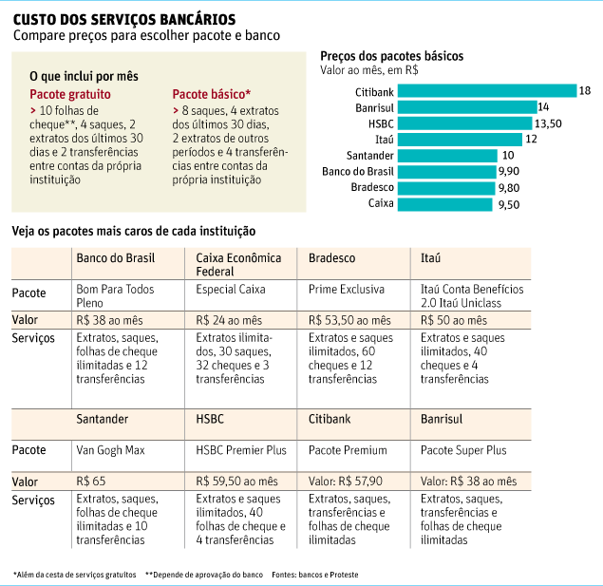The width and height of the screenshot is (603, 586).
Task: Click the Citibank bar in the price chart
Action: (x=487, y=91)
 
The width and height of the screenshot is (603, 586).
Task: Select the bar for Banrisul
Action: (x=467, y=107)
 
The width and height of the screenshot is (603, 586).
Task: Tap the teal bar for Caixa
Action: (x=445, y=204)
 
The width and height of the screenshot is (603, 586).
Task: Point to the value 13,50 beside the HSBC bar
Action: (x=548, y=123)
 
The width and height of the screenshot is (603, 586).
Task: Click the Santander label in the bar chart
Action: (x=370, y=156)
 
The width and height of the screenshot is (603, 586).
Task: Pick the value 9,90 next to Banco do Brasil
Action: (x=509, y=171)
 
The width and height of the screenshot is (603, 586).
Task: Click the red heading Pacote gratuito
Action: (x=70, y=94)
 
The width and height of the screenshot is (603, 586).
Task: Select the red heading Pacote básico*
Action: (x=212, y=94)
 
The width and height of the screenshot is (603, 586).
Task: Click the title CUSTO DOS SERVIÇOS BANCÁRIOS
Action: (x=124, y=19)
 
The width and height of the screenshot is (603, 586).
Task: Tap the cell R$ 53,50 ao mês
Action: (x=349, y=320)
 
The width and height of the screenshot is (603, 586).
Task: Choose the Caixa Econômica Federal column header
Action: (x=238, y=265)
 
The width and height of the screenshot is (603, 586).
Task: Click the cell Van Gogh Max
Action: (x=110, y=450)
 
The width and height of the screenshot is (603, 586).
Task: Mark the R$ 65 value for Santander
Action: (x=91, y=481)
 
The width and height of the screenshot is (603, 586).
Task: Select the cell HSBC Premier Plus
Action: (x=241, y=450)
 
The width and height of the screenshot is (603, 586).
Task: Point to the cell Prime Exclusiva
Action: (x=346, y=289)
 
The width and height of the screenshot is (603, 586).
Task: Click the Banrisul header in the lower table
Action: (x=442, y=419)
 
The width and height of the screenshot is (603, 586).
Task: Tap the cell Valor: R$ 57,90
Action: (x=346, y=481)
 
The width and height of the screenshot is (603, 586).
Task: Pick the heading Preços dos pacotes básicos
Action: (x=392, y=56)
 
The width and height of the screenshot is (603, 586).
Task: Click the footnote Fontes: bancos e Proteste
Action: (x=315, y=575)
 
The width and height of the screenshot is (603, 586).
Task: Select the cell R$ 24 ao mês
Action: (x=229, y=320)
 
